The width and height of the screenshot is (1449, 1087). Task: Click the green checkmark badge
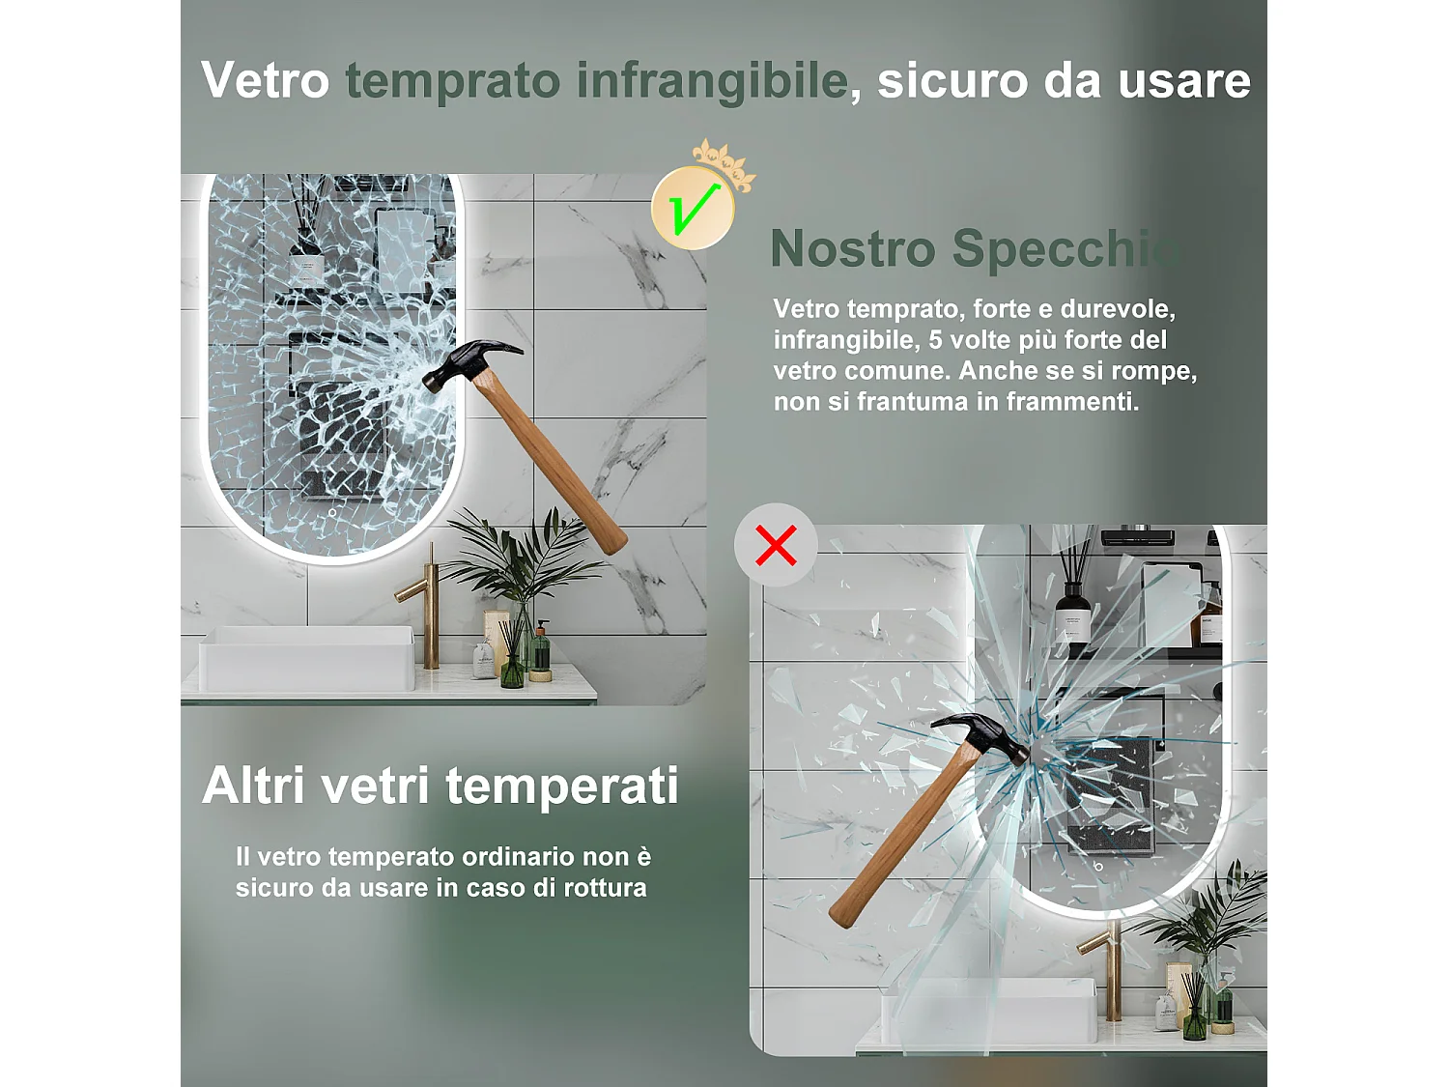coord(693,208)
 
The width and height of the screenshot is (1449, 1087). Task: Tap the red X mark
coord(776,545)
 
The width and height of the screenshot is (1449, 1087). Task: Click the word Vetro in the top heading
coord(265,80)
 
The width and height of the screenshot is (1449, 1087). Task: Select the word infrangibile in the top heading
coord(712,81)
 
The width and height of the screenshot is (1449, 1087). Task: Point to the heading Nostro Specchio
coord(975,249)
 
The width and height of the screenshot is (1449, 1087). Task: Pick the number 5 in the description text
coord(935,340)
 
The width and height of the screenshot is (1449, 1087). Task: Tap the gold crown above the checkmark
coord(725,162)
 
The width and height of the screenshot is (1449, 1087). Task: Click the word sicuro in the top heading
coord(952,81)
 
